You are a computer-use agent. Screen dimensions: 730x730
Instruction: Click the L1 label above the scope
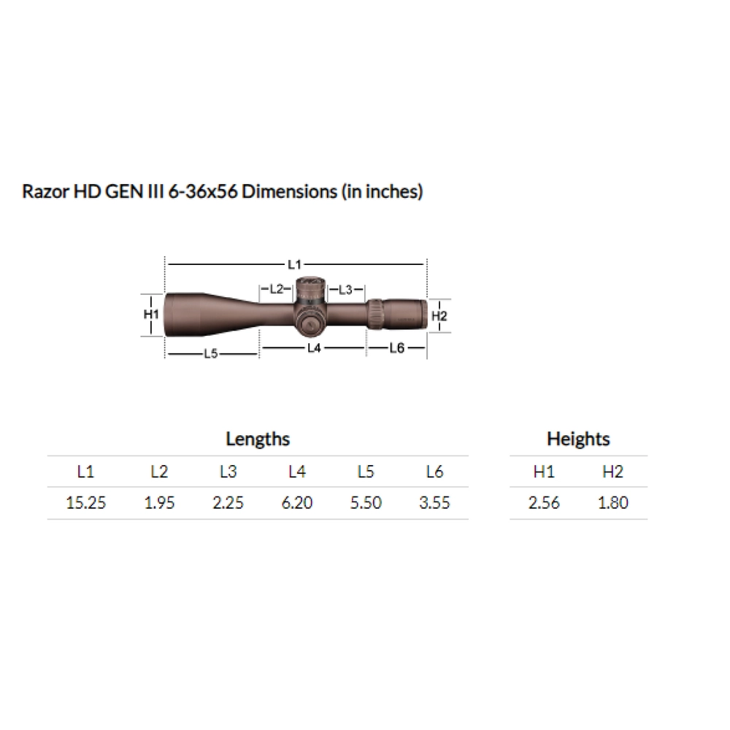[x=295, y=261]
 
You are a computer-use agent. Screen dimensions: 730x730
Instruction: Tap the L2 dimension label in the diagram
[x=276, y=289]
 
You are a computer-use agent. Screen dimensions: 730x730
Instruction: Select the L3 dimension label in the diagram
[x=346, y=290]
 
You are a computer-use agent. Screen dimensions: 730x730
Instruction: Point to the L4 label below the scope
[x=314, y=348]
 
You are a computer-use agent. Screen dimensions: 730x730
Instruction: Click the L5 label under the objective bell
[x=211, y=353]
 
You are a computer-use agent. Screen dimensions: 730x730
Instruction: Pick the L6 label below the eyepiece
[x=396, y=348]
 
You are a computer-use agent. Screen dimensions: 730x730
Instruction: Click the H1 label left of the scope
[x=151, y=314]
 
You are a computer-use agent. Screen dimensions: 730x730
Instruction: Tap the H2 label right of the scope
[x=439, y=315]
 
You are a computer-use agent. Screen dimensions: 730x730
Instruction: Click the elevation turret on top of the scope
[x=310, y=286]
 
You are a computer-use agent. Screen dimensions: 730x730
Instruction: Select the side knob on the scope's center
[x=310, y=322]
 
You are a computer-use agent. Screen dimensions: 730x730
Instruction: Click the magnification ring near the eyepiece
[x=374, y=314]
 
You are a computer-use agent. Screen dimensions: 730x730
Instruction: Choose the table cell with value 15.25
[x=85, y=503]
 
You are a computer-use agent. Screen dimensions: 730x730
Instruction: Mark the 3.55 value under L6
[x=434, y=503]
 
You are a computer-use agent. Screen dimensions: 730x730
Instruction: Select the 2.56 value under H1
[x=544, y=503]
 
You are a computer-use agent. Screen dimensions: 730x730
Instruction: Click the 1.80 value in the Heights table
[x=612, y=503]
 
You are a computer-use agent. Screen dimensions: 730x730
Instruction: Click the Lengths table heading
[x=258, y=439]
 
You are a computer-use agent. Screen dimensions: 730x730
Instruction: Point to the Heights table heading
[x=577, y=439]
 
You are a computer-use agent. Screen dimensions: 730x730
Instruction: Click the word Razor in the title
[x=45, y=193]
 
